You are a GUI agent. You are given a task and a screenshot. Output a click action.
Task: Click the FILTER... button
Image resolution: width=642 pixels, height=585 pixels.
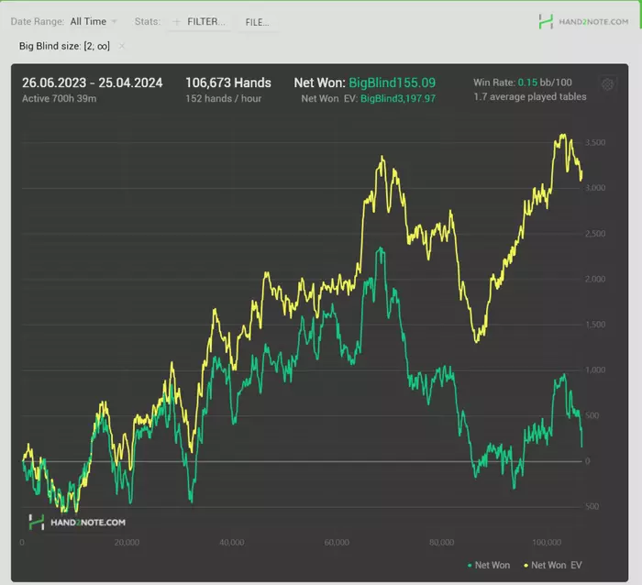pos(199,21)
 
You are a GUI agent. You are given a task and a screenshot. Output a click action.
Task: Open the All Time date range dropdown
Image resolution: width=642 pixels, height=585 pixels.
pos(93,21)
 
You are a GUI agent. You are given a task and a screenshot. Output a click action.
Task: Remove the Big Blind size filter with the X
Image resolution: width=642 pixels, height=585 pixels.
pos(122,46)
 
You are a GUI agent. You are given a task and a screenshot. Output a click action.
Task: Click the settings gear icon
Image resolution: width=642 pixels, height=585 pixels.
pos(607,84)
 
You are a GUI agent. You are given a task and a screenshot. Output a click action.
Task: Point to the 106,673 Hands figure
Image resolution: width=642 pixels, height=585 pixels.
pos(228,83)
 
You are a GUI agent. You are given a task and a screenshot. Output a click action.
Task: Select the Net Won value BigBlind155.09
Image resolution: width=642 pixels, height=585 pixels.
pos(392,83)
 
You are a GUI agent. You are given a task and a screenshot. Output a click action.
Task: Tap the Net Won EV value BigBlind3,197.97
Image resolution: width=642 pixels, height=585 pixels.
pos(398,98)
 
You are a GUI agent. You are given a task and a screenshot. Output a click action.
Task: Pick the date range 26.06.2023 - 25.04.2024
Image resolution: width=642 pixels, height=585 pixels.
pos(93,83)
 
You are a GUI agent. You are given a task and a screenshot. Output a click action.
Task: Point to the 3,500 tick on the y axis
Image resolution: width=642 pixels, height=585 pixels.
pos(594,144)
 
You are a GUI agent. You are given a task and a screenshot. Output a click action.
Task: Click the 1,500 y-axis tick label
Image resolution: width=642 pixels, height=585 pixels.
pos(594,325)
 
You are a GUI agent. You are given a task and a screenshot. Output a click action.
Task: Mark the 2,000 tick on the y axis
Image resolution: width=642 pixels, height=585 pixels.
pos(594,280)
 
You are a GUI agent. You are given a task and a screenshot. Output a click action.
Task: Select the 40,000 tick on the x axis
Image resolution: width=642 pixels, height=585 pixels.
pos(233,542)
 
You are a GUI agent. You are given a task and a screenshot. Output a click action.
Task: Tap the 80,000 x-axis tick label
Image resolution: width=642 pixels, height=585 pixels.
pos(442,542)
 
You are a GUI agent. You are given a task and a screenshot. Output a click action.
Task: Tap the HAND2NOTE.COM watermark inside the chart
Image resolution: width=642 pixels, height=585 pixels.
pos(77,522)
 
